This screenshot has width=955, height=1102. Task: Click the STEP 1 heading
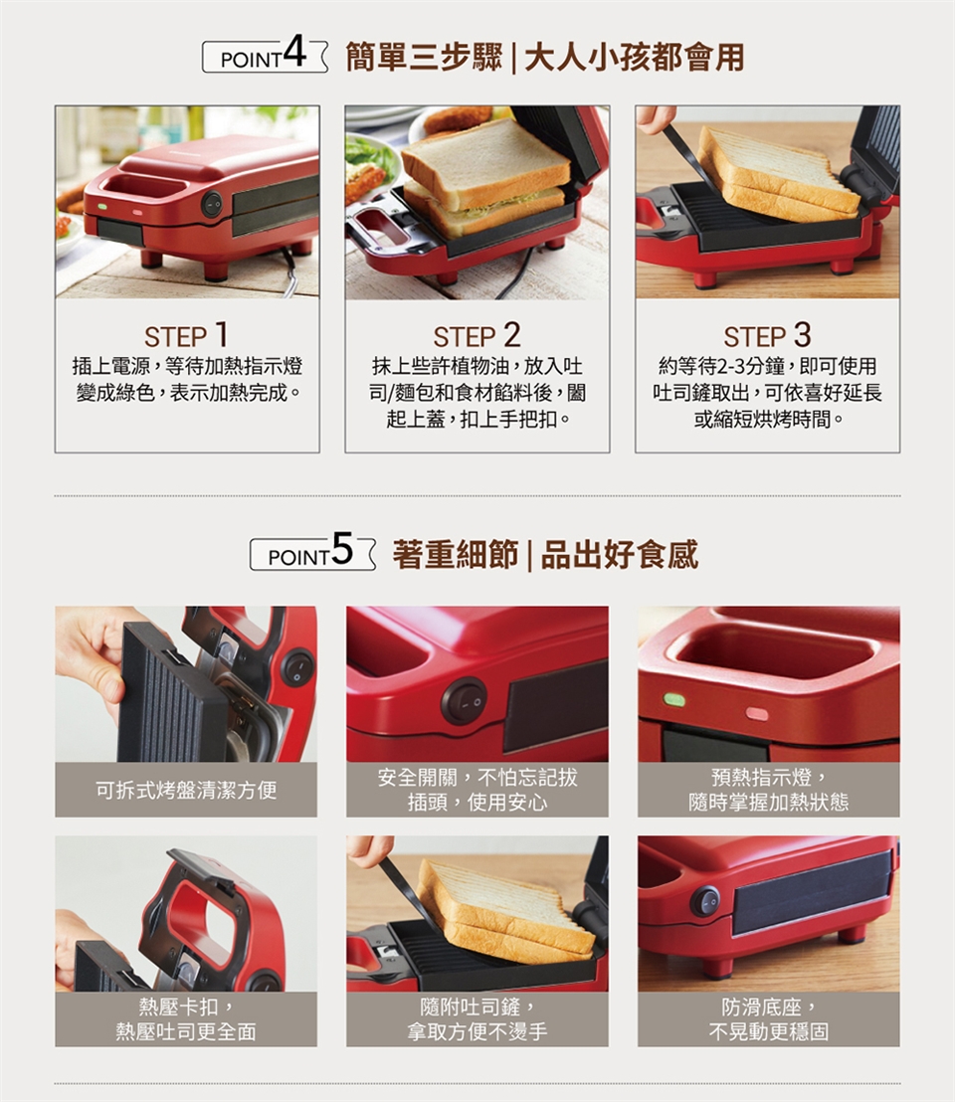[x=186, y=335]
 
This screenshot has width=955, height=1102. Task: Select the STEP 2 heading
[x=477, y=335]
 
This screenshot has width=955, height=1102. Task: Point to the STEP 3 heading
[x=767, y=335]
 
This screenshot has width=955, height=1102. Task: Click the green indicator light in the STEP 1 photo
[x=102, y=207]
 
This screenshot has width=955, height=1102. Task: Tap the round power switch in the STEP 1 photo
[x=212, y=204]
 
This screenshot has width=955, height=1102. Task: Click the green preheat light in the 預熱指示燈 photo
[x=673, y=699]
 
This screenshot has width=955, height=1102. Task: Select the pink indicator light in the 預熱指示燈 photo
[x=757, y=714]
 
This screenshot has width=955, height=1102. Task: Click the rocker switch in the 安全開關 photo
[x=464, y=701]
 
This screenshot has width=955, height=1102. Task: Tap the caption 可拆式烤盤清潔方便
[x=186, y=790]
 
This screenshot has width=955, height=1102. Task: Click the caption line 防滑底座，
[x=768, y=1008]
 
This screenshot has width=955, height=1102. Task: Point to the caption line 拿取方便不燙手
[x=477, y=1031]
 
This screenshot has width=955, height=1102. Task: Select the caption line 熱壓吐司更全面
[x=186, y=1031]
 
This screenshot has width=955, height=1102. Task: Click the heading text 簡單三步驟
[x=424, y=57]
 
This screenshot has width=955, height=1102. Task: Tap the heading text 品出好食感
[x=619, y=555]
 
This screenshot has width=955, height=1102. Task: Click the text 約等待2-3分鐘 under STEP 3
[x=723, y=366]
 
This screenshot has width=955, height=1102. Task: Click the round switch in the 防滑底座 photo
[x=705, y=901]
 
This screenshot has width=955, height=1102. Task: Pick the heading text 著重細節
[x=456, y=555]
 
